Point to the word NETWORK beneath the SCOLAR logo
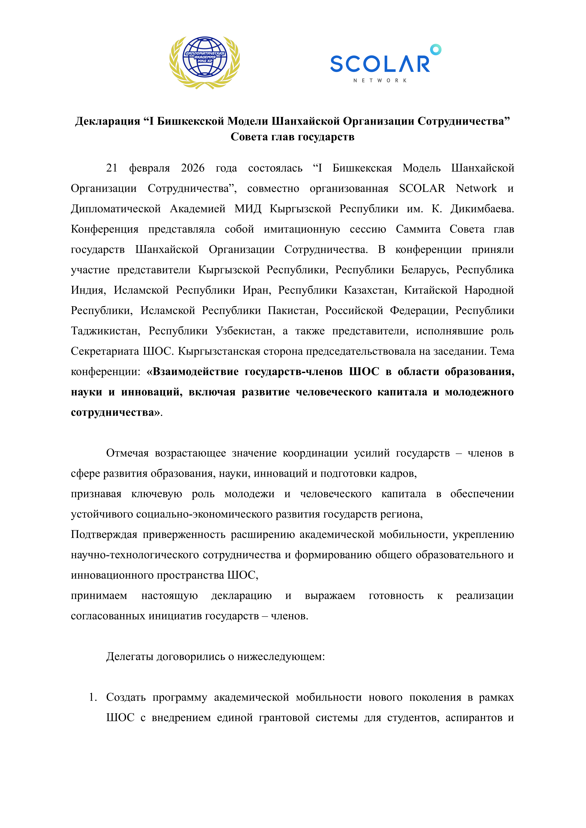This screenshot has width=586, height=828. click(380, 80)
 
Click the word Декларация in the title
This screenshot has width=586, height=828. click(108, 121)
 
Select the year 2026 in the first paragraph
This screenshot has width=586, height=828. click(193, 168)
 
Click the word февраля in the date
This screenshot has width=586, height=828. click(149, 168)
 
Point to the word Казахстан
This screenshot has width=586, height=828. click(370, 290)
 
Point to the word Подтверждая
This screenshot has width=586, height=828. click(104, 535)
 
